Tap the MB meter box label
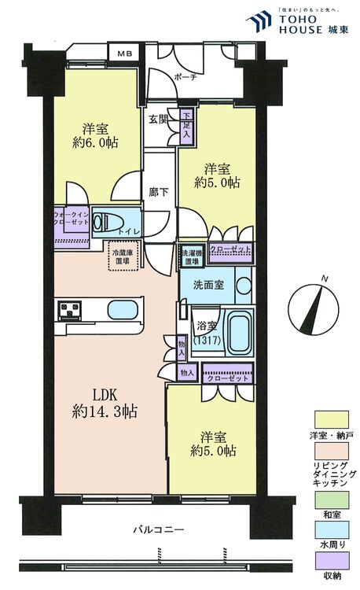pos(125,53)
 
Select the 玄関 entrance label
pos(158,120)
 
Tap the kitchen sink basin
pos(121,308)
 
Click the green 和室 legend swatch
pos(329,497)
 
